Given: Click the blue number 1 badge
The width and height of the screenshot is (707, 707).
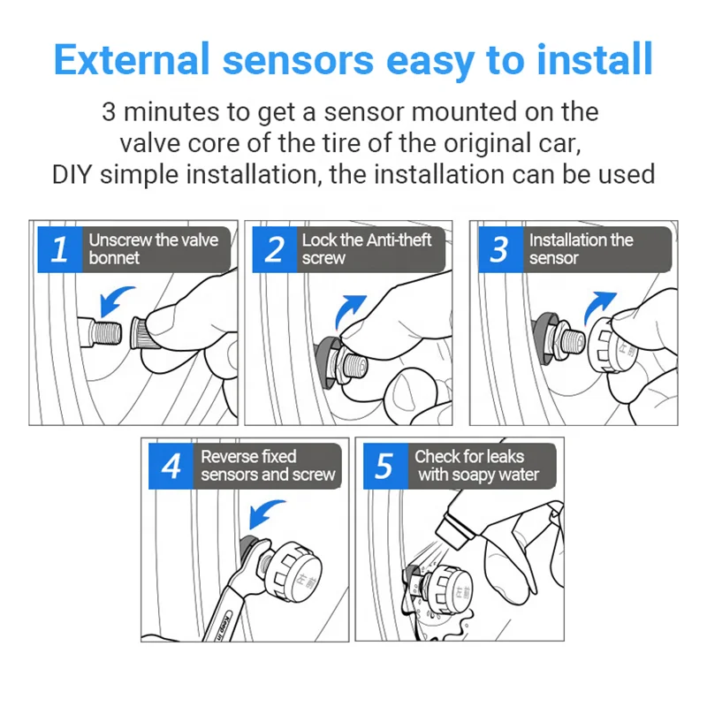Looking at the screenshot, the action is click(59, 249).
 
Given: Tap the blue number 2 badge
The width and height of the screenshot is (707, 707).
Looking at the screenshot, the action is click(274, 249).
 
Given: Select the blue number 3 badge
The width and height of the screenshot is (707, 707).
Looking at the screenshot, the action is click(499, 249).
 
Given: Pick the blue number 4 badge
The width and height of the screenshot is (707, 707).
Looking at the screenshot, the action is click(171, 466).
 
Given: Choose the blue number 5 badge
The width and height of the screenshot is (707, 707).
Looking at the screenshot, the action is click(384, 466).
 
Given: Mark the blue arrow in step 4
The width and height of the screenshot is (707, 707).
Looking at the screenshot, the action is click(267, 512).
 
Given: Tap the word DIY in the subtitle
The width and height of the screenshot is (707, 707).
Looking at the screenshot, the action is click(74, 173).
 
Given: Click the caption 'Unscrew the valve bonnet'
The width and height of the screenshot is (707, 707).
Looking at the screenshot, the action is click(153, 249).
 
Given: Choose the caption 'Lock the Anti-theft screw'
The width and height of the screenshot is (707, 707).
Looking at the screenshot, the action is click(367, 249).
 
